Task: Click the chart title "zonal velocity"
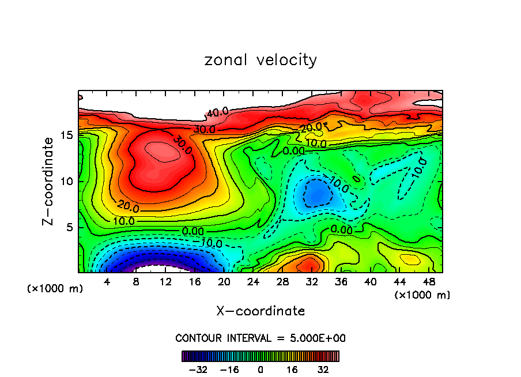pos(260,60)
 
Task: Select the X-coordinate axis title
pos(260,311)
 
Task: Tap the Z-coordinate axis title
pos(49,181)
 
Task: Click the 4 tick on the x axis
pos(107,281)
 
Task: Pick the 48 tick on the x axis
pos(429,281)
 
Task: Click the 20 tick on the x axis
pos(224,281)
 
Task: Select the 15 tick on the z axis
pos(67,135)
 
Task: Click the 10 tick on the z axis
pos(67,181)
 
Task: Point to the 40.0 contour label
pos(217,112)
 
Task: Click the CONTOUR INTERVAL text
pos(260,338)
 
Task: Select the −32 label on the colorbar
pos(198,370)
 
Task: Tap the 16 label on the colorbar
pos(293,370)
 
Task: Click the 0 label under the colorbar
pos(260,370)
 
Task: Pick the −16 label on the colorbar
pos(229,370)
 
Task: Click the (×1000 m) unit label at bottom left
pos(55,289)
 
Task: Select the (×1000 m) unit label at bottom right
pos(422,295)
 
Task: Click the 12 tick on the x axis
pos(166,281)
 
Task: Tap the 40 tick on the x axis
pos(370,281)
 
